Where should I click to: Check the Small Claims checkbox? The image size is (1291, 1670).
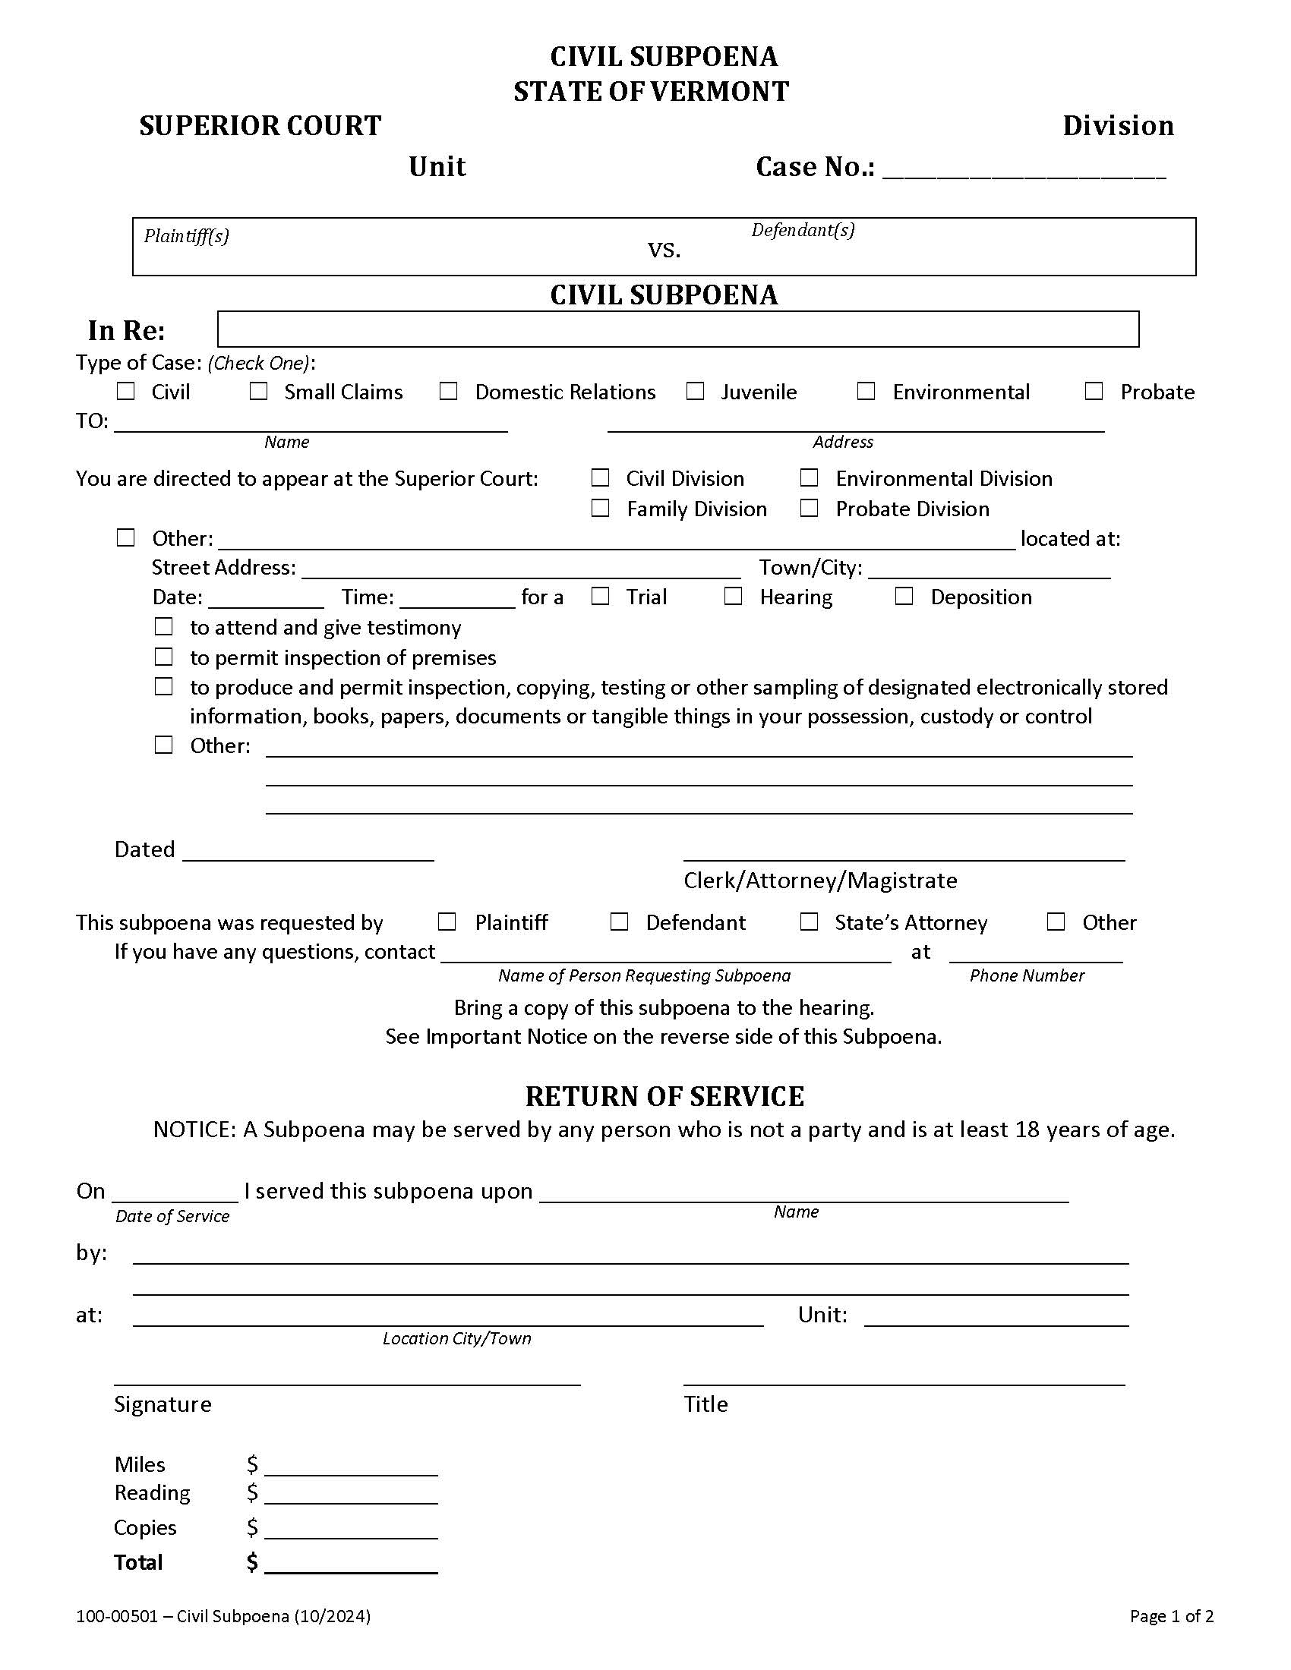pyautogui.click(x=258, y=391)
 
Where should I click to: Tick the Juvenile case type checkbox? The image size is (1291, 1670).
pyautogui.click(x=694, y=391)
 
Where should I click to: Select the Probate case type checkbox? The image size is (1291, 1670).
pyautogui.click(x=1094, y=391)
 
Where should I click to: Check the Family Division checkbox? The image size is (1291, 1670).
pyautogui.click(x=601, y=508)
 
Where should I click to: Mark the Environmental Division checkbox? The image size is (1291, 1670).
pyautogui.click(x=809, y=477)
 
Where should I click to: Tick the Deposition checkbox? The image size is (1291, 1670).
pyautogui.click(x=904, y=596)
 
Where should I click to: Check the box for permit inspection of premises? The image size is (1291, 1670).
pyautogui.click(x=164, y=656)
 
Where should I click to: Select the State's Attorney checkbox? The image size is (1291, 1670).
pyautogui.click(x=809, y=922)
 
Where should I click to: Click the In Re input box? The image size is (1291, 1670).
pyautogui.click(x=677, y=329)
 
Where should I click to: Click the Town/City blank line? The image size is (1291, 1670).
pyautogui.click(x=989, y=570)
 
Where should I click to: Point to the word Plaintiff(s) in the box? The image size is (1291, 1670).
pyautogui.click(x=187, y=235)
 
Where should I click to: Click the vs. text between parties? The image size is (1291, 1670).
pyautogui.click(x=664, y=249)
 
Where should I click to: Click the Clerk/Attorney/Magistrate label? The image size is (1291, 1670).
pyautogui.click(x=820, y=880)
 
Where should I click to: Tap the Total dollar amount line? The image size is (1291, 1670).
pyautogui.click(x=351, y=1564)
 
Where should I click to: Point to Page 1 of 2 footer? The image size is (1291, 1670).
pyautogui.click(x=1171, y=1615)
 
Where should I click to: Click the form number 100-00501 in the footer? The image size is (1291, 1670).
pyautogui.click(x=116, y=1615)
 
